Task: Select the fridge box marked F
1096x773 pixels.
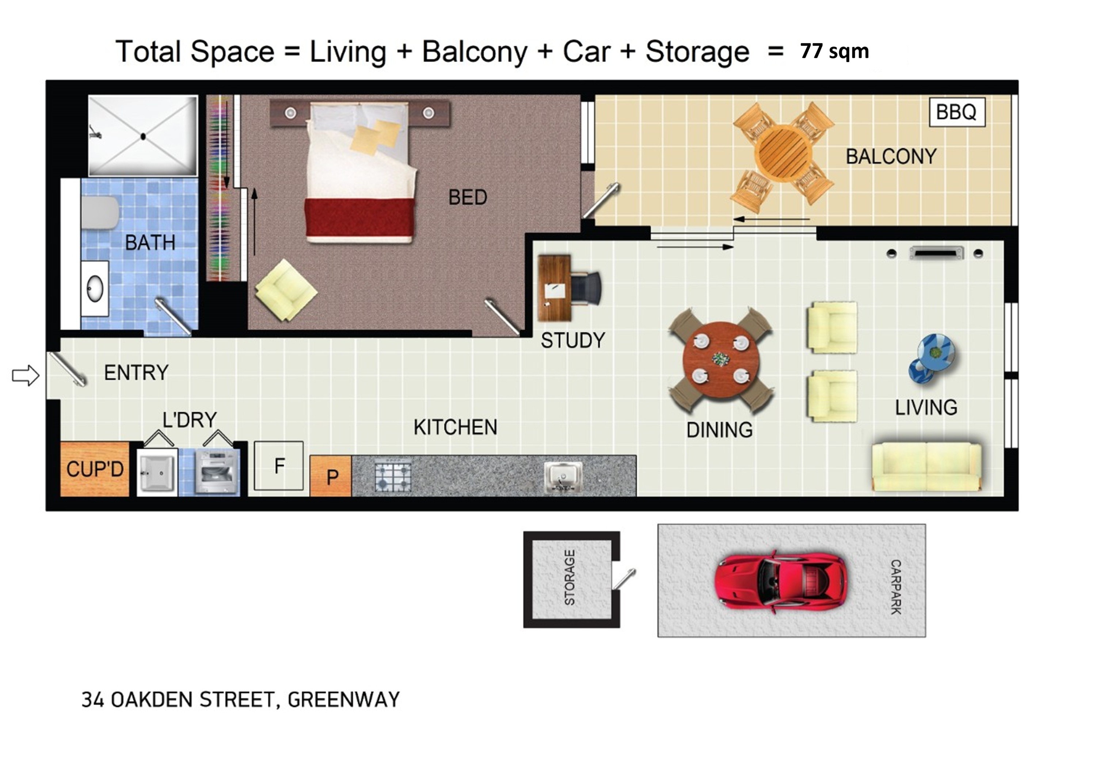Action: [279, 466]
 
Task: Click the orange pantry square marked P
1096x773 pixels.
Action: [331, 476]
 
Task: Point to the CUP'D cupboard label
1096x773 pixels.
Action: [95, 469]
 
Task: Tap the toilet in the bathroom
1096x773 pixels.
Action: [100, 213]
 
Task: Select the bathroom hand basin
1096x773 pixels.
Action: [95, 288]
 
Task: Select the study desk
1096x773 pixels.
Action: [554, 288]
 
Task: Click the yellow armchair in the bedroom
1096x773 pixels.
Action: [286, 290]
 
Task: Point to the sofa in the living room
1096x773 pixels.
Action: [926, 466]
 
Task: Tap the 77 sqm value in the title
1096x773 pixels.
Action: [834, 51]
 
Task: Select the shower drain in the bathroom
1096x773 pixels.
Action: [143, 137]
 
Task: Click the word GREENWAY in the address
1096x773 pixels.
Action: [344, 700]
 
